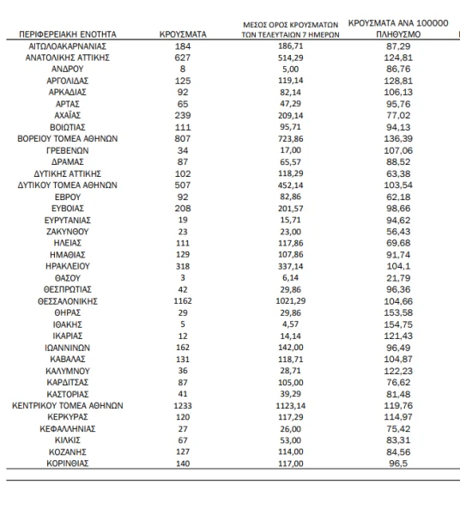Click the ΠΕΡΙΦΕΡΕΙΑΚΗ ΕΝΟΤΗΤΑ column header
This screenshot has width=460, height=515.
click(68, 34)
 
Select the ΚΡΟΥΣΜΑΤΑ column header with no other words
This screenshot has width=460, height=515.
click(183, 34)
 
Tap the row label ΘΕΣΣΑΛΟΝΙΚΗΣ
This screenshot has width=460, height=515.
click(68, 301)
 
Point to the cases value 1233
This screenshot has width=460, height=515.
click(183, 406)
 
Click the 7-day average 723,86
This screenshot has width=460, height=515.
click(291, 138)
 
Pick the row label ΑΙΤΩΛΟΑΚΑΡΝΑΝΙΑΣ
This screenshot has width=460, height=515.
click(68, 46)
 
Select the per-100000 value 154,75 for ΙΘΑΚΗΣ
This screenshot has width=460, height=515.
click(398, 324)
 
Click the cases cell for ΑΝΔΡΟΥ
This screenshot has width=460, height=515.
click(183, 69)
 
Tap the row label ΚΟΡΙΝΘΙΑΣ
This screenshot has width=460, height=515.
click(68, 463)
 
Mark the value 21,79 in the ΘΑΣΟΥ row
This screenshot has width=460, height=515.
click(398, 278)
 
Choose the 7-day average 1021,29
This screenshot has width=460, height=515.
click(291, 301)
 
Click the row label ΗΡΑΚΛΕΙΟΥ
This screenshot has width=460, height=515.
click(68, 266)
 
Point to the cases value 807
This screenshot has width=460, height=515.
click(183, 138)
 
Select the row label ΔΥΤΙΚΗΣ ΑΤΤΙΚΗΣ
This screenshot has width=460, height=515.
click(68, 173)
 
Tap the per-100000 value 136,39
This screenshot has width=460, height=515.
click(398, 138)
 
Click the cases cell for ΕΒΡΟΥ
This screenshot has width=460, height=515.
click(183, 197)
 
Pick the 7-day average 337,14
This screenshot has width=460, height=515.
click(291, 266)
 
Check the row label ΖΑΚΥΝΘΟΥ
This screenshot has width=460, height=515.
click(68, 232)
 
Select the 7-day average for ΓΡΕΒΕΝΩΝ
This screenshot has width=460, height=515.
click(291, 150)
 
